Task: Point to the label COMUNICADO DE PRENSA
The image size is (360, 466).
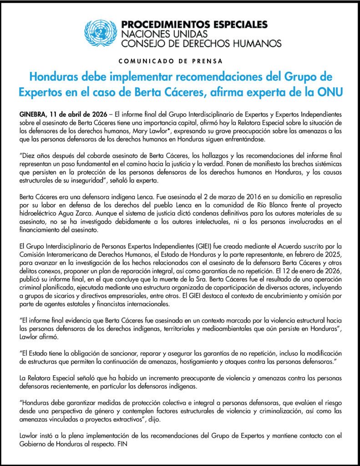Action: [x=180, y=61]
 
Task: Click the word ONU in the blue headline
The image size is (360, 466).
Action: [x=330, y=91]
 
